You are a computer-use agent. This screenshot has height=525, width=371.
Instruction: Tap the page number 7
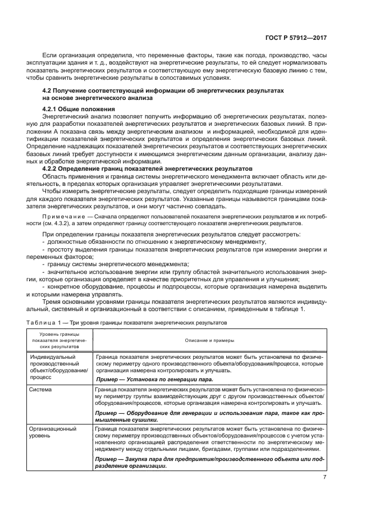324,478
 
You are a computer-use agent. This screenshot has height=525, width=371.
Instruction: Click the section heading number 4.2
49,90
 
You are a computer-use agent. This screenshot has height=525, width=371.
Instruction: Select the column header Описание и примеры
209,340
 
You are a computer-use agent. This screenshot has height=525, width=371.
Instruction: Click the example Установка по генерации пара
154,379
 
